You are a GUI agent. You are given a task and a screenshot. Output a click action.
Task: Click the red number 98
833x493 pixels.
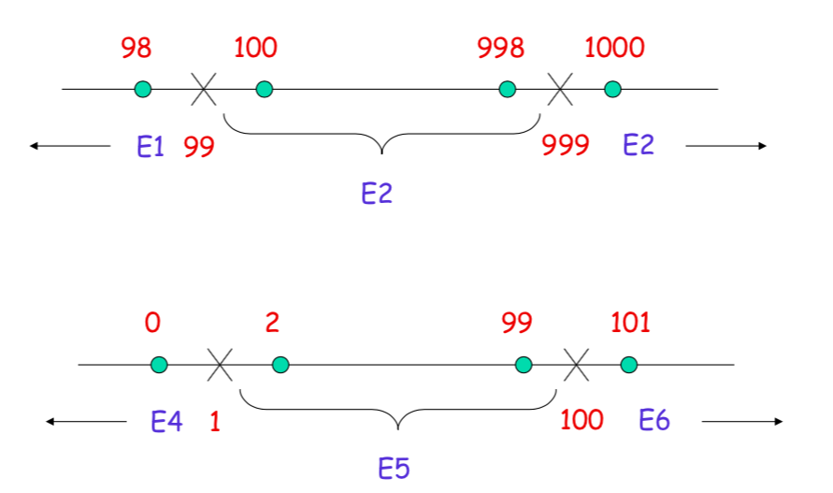pyautogui.click(x=136, y=48)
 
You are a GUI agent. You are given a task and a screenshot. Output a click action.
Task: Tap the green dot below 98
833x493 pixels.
pyautogui.click(x=142, y=89)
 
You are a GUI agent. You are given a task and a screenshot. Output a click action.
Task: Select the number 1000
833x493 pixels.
pyautogui.click(x=614, y=48)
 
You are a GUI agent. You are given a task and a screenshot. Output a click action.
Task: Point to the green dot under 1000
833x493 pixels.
pyautogui.click(x=612, y=89)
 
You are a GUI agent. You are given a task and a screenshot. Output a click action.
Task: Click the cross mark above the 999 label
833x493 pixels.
pyautogui.click(x=559, y=90)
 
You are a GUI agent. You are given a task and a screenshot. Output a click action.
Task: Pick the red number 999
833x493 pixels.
pyautogui.click(x=566, y=145)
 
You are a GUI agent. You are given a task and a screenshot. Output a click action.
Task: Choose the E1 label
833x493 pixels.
pyautogui.click(x=150, y=146)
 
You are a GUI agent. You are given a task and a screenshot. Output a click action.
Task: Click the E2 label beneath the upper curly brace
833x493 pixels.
pyautogui.click(x=377, y=194)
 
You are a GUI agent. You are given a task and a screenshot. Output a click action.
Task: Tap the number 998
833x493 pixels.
pyautogui.click(x=500, y=48)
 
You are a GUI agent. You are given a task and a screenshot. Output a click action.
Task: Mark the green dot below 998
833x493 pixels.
pyautogui.click(x=507, y=89)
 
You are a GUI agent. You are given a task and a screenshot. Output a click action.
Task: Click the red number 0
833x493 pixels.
pyautogui.click(x=152, y=323)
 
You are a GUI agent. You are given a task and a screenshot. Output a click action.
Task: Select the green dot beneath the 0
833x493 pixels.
pyautogui.click(x=159, y=364)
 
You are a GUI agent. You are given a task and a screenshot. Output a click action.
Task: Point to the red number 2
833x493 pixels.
pyautogui.click(x=272, y=323)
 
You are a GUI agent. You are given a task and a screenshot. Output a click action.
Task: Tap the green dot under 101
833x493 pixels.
pyautogui.click(x=628, y=364)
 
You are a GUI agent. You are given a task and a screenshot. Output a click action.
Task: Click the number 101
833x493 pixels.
pyautogui.click(x=630, y=323)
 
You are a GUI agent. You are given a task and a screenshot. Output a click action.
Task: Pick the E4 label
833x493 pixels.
pyautogui.click(x=166, y=422)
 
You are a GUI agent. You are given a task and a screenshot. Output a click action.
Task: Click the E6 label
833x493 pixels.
pyautogui.click(x=654, y=421)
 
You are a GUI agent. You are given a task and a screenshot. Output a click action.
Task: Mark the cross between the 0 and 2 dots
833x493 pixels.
pyautogui.click(x=220, y=365)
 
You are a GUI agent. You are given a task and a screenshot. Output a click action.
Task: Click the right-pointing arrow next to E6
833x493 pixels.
pyautogui.click(x=742, y=422)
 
